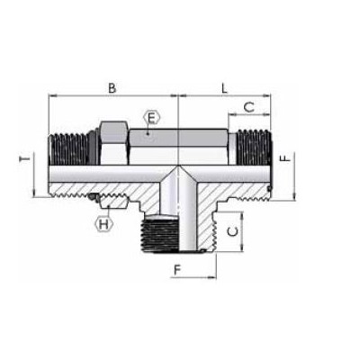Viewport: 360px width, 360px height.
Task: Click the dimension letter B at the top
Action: point(112,87)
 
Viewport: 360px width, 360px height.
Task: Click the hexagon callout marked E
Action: point(151,117)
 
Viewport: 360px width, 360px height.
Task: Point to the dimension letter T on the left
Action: point(24,160)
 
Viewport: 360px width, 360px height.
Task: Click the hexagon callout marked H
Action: point(104,223)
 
